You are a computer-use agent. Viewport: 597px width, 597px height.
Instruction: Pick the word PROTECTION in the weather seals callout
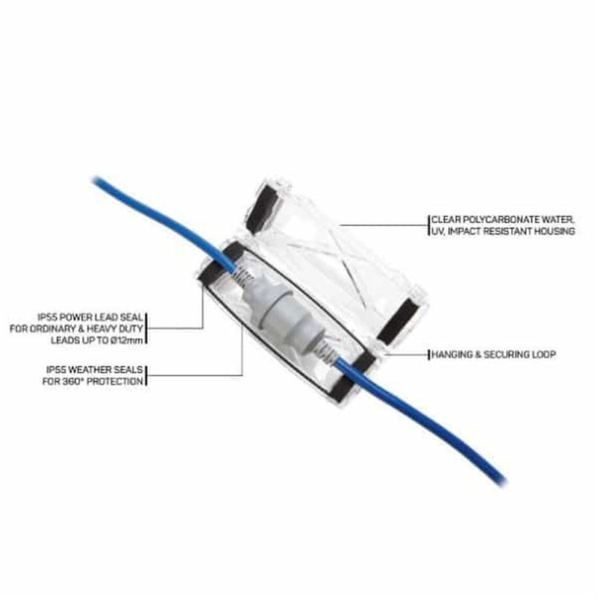coord(115,381)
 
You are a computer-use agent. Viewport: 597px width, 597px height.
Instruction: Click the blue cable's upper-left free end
coord(96,179)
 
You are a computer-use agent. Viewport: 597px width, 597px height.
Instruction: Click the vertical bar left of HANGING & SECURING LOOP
coord(429,354)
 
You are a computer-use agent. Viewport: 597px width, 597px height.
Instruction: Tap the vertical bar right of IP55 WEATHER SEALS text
coord(146,376)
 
